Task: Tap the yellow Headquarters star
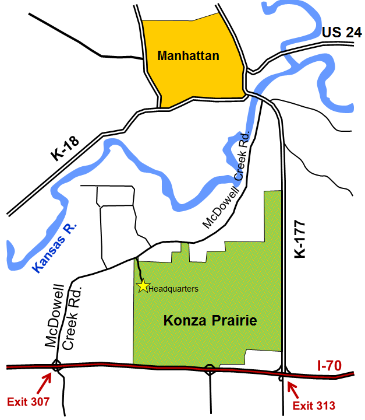tap(142, 286)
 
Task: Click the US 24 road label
tap(342, 33)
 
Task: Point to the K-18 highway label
tap(66, 146)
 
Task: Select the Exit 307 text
tap(27, 402)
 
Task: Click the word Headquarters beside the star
tap(173, 288)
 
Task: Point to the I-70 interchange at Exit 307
tap(56, 367)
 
